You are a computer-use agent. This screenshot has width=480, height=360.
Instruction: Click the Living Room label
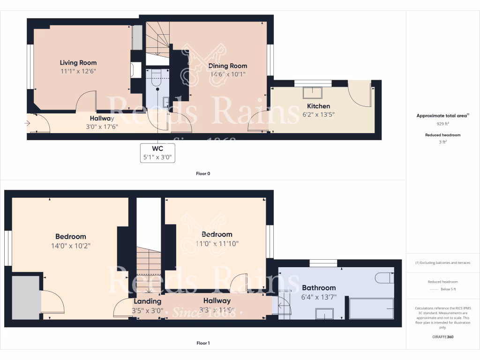pos(78,63)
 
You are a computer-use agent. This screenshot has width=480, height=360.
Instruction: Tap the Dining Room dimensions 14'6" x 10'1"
pos(227,74)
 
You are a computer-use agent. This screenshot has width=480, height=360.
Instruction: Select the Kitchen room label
pos(319,106)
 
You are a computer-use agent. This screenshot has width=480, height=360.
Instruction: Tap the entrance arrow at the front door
pos(27,123)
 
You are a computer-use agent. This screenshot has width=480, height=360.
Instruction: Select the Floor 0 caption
pos(203,173)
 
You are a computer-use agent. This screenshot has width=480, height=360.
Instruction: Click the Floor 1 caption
pos(203,343)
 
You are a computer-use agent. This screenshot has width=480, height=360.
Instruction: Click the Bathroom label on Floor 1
pos(319,288)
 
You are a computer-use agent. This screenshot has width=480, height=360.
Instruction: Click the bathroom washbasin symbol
pos(324,313)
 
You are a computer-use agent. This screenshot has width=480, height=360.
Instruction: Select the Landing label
pos(148,301)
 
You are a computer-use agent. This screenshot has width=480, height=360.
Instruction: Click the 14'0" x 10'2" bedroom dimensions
pos(71,246)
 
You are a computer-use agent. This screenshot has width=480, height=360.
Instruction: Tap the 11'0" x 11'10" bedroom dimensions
pos(217,243)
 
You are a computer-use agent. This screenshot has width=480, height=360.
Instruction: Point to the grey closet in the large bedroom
pos(26,297)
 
